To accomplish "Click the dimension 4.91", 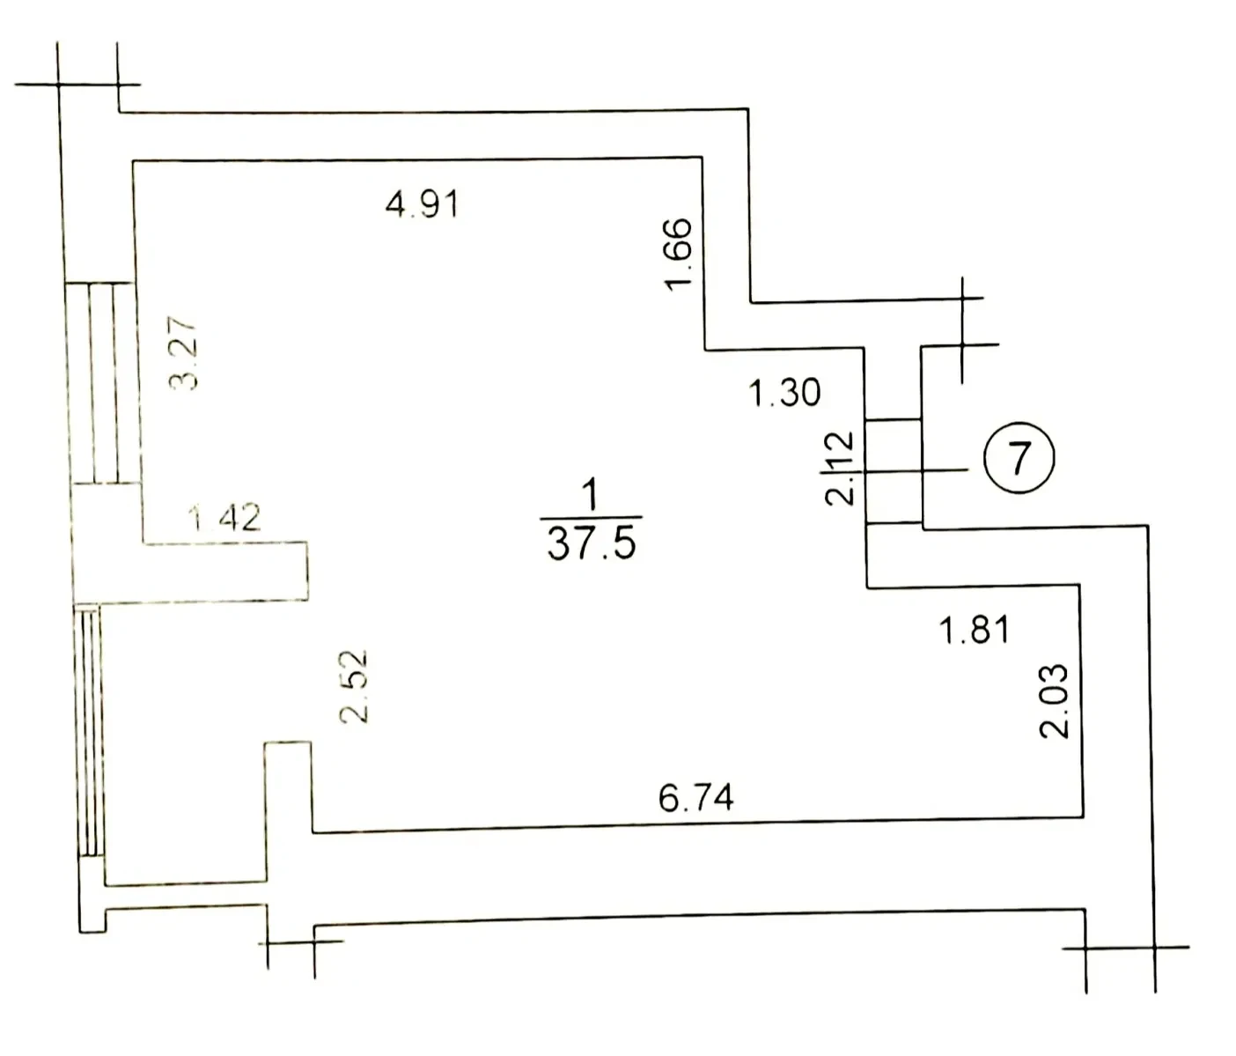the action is pos(423,204).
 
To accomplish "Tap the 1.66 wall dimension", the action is pos(680,255).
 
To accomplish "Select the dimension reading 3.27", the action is pos(183,353).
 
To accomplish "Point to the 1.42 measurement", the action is pos(224,518).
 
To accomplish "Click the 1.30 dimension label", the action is pos(784,393).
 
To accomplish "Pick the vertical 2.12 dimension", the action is pos(839,469).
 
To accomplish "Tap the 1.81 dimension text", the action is pos(975,630).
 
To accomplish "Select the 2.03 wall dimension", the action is pos(1055,701).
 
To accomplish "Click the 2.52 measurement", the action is pos(353,687).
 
